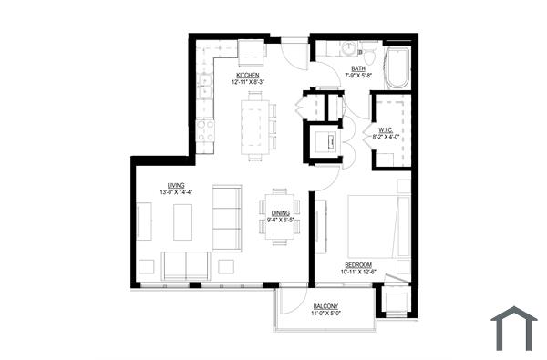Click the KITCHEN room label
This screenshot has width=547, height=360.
[x=248, y=75]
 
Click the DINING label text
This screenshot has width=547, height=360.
[x=281, y=212]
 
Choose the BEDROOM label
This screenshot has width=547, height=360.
[x=358, y=264]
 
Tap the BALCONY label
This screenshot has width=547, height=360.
[x=325, y=305]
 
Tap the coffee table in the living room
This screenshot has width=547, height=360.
[x=183, y=221]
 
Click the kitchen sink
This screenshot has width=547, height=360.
[x=205, y=87]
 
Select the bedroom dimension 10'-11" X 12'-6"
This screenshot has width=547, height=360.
[x=358, y=272]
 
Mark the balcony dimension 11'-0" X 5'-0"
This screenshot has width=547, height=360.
[x=325, y=313]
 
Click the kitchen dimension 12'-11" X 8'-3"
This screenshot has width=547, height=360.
[x=248, y=82]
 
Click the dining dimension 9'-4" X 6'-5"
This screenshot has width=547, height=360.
[x=281, y=220]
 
